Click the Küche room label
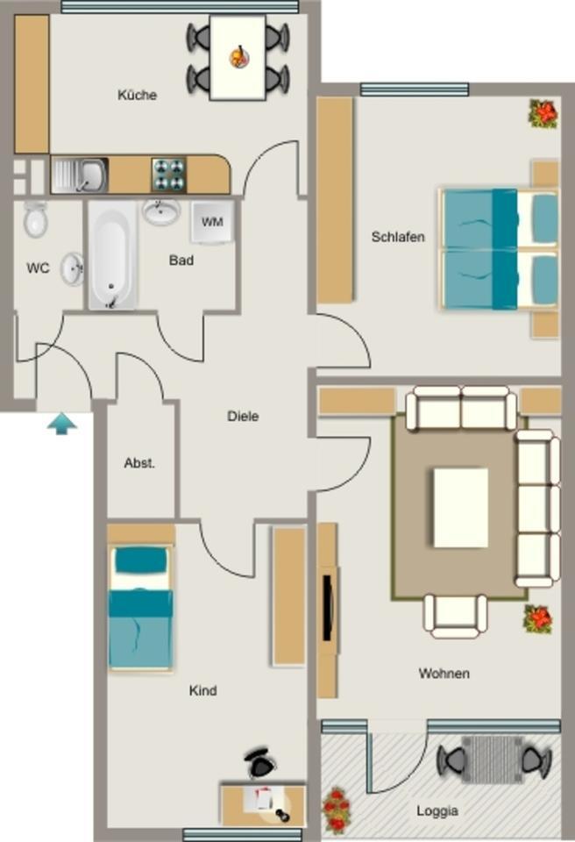[138, 95]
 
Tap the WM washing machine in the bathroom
[211, 222]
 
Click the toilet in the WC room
[35, 220]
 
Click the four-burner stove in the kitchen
[169, 175]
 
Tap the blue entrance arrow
[61, 425]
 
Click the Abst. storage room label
[139, 463]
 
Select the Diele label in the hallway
[243, 417]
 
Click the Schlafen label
[398, 237]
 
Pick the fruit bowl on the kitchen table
[238, 57]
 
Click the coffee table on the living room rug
[460, 507]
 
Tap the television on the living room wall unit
[328, 606]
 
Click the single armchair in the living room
[455, 614]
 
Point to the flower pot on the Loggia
[337, 810]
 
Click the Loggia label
[437, 811]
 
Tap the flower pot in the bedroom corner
[543, 113]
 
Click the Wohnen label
[444, 674]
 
